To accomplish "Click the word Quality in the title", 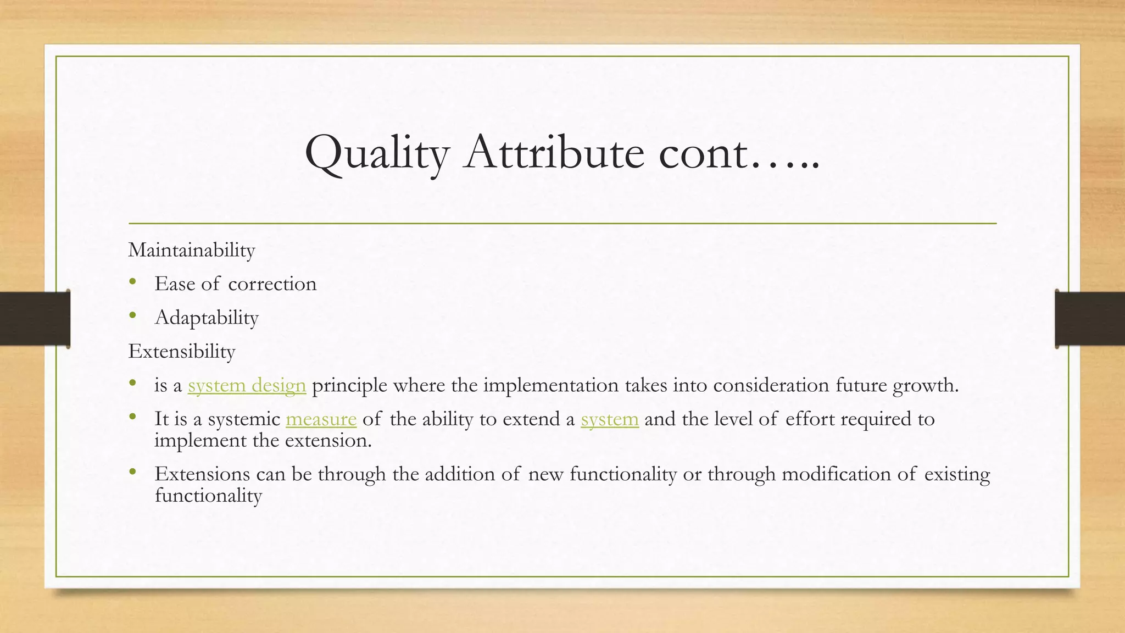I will (377, 152).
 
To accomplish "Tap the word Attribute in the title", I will (554, 152).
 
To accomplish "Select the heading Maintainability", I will (192, 250).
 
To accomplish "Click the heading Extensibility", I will (182, 351).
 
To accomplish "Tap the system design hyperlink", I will (247, 385).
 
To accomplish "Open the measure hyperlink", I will (321, 419).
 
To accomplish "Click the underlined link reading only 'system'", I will (610, 419).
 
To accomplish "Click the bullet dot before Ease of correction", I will (132, 282).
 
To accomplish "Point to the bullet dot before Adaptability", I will (132, 316).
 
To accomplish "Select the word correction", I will (272, 284).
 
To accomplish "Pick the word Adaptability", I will (207, 318).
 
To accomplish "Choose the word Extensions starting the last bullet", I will (202, 474).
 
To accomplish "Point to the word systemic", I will (244, 419).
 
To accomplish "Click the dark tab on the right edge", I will (1090, 319).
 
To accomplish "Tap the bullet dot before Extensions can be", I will (132, 472).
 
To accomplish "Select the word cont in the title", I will (703, 152).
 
